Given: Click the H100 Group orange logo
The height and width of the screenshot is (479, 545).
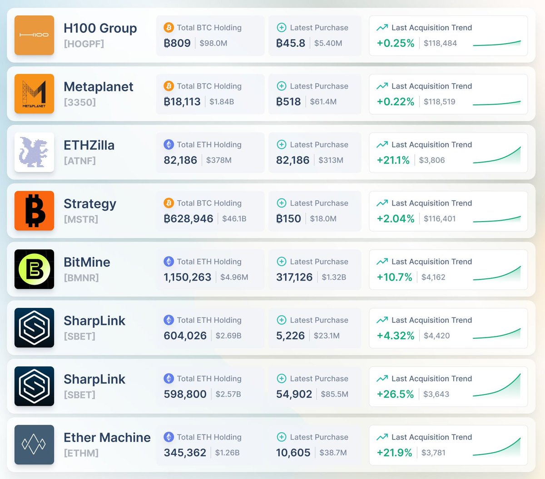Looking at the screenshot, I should (34, 35).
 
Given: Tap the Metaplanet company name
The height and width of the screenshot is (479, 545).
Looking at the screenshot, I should (98, 87).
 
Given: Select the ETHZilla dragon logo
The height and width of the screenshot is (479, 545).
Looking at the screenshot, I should (34, 152).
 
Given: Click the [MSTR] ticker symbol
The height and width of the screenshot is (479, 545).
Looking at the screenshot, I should (81, 219).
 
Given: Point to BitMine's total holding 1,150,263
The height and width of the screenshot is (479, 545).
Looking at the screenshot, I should (187, 277).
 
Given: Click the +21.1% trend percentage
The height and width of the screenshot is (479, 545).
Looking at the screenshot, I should (393, 160).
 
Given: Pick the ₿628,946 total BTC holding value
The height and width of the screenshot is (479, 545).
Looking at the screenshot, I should (188, 218).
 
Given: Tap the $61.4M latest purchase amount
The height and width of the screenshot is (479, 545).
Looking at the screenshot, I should (323, 102).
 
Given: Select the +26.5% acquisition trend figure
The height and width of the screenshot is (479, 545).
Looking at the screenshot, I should (395, 394).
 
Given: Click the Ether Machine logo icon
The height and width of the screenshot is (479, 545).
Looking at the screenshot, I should (34, 444).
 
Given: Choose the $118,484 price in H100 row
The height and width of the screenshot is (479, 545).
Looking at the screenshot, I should (440, 43).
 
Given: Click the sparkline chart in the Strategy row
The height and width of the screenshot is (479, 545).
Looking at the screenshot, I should (496, 219).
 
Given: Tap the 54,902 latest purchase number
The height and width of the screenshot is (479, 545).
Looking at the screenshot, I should (294, 394).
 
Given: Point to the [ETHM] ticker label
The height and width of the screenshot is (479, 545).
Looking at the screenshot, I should (81, 453).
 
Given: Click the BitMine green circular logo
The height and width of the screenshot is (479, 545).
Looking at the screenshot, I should (34, 269).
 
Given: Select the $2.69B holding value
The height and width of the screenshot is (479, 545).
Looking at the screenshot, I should (228, 336).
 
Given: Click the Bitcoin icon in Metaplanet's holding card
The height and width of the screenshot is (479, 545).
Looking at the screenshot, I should (168, 86).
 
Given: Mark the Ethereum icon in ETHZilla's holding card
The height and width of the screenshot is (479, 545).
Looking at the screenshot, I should (168, 144).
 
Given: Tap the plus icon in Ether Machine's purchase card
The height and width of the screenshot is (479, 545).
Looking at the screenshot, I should (281, 437).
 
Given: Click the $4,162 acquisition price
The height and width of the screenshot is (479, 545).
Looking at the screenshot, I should (433, 277).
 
